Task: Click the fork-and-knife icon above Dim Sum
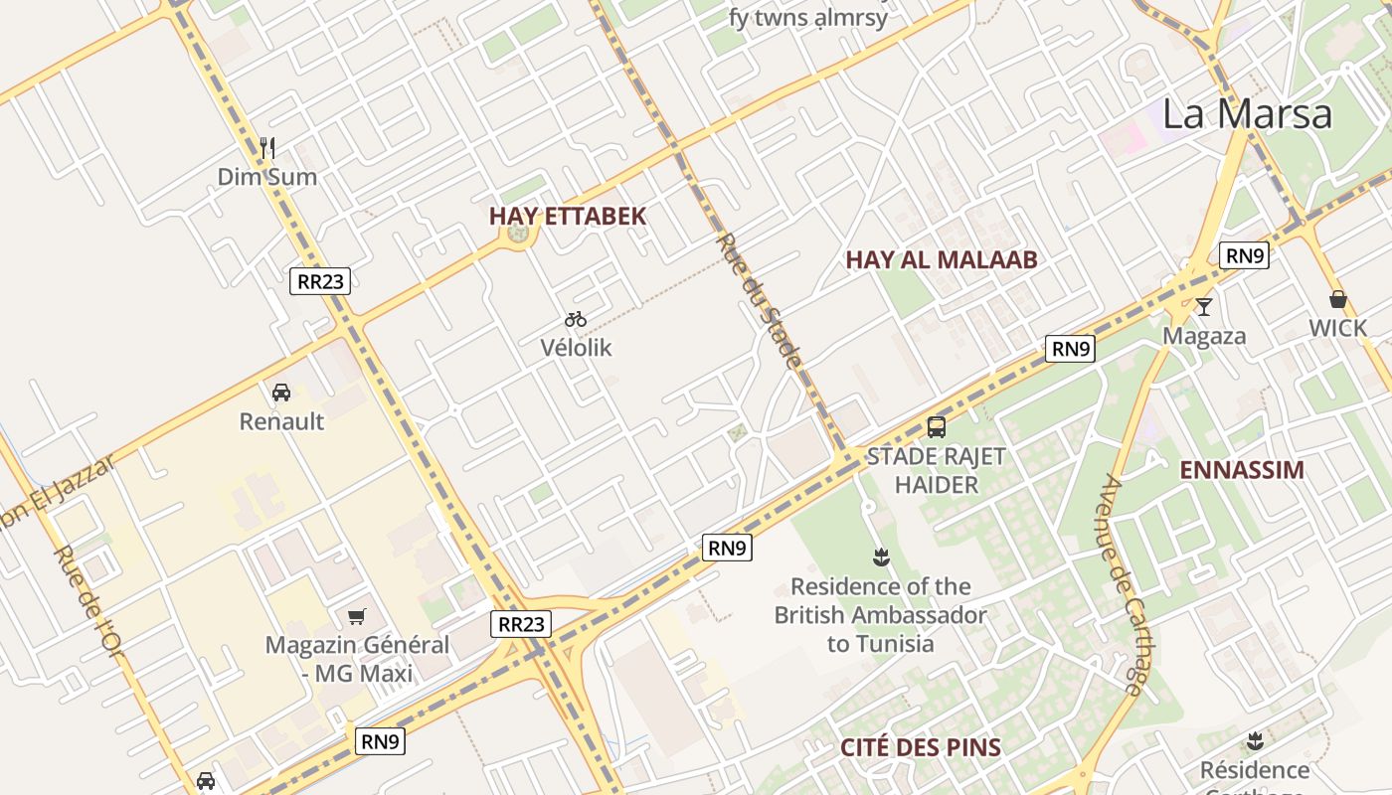pos(266,149)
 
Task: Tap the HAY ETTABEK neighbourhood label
pos(568,216)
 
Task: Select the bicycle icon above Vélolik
pos(576,319)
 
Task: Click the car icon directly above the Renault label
pos(281,393)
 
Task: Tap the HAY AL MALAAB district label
pos(942,260)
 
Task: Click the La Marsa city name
pos(1247,113)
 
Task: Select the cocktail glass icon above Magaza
pos(1204,307)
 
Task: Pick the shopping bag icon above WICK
pos(1338,299)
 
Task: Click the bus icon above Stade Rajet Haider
pos(937,427)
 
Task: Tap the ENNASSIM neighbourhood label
pos(1242,470)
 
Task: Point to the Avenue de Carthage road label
pos(1123,584)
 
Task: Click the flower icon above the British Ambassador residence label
pos(880,556)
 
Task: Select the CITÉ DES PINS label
pos(921,748)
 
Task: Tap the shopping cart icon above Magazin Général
pos(357,616)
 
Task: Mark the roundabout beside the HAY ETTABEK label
pos(517,235)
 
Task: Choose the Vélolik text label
pos(577,348)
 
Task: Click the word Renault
pos(281,421)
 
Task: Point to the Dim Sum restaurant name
pos(267,178)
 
